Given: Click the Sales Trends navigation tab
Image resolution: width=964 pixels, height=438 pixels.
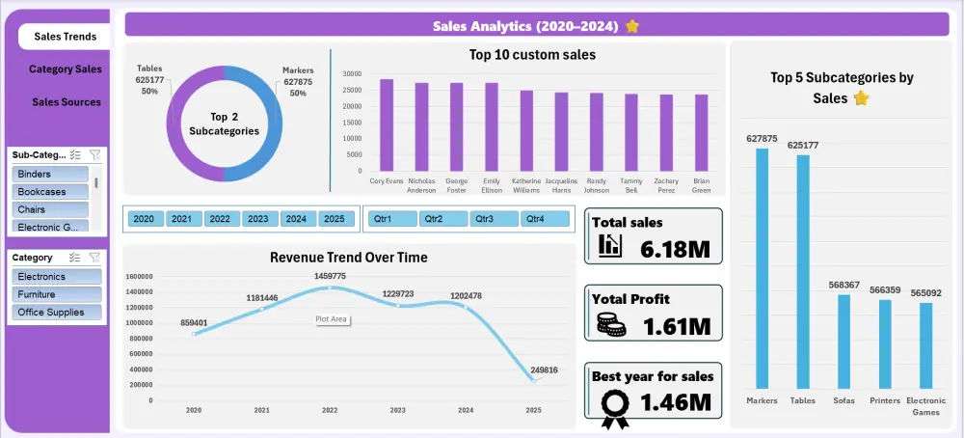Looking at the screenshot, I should pyautogui.click(x=65, y=37).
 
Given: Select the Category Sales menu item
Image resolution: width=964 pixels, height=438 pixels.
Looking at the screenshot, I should pyautogui.click(x=65, y=69).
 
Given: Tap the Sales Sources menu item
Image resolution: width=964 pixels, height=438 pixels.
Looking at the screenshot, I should pyautogui.click(x=66, y=102).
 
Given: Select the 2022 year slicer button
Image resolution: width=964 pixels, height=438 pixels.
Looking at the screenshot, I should pyautogui.click(x=220, y=219).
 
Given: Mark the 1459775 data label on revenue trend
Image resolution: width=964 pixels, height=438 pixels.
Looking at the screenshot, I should pyautogui.click(x=330, y=276).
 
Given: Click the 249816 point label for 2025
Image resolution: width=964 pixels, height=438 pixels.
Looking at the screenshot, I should pyautogui.click(x=545, y=369).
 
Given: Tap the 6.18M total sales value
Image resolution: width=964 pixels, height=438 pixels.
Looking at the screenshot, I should pyautogui.click(x=675, y=250).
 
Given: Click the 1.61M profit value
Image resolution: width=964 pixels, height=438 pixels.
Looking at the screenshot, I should pyautogui.click(x=676, y=326).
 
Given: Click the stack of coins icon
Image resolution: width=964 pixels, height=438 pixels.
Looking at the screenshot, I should pyautogui.click(x=609, y=326).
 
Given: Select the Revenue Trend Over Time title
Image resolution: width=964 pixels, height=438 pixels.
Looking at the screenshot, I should pyautogui.click(x=348, y=258).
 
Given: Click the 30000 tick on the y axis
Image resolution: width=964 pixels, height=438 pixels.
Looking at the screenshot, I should pyautogui.click(x=351, y=73).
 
